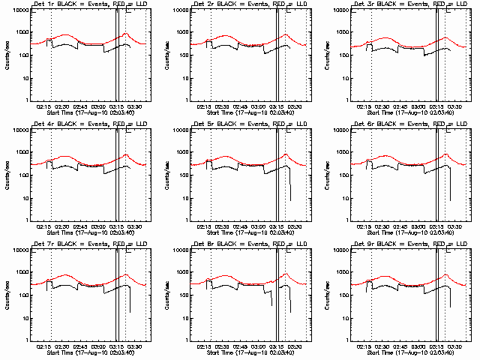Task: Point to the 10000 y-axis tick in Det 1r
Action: pyautogui.click(x=18, y=10)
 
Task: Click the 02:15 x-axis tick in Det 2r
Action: pyautogui.click(x=203, y=108)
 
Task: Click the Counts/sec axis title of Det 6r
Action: pyautogui.click(x=327, y=175)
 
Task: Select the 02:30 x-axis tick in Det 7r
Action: pyautogui.click(x=61, y=348)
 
